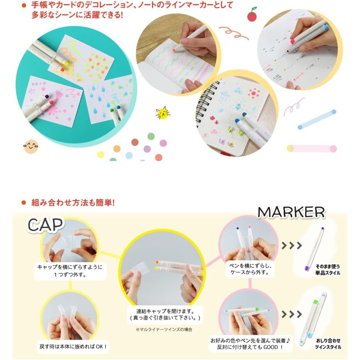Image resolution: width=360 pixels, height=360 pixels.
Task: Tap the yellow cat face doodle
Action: [x=163, y=113]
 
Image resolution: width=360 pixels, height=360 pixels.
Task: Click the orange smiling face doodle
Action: [x=31, y=146]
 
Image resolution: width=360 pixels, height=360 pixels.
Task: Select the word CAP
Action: [x=45, y=225]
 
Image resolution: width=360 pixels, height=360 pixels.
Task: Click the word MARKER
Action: [x=291, y=212]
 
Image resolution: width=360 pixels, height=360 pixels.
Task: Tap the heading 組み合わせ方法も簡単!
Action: [x=73, y=203]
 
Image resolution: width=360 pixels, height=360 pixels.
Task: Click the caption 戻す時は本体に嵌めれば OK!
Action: [x=73, y=346]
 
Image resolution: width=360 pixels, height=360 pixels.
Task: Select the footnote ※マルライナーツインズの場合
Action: [x=164, y=330]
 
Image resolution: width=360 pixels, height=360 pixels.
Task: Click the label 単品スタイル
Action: [x=328, y=273]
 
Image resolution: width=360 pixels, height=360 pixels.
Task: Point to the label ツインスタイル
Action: [x=328, y=347]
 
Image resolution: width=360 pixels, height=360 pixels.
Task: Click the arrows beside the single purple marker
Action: [x=292, y=245]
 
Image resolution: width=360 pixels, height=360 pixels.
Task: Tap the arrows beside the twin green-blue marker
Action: [x=292, y=314]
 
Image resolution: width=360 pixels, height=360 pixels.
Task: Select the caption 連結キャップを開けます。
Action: [x=165, y=311]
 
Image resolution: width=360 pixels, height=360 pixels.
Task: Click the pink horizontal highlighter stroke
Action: [x=312, y=148]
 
